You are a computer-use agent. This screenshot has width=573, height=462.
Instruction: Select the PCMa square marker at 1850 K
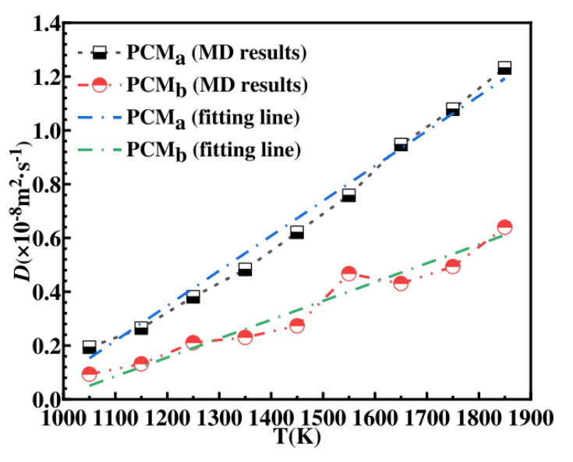click(504, 68)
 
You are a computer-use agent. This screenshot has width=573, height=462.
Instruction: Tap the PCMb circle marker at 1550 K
click(348, 273)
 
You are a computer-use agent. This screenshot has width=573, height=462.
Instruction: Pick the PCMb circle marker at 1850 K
click(504, 227)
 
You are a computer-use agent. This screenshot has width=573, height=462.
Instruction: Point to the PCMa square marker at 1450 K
click(296, 232)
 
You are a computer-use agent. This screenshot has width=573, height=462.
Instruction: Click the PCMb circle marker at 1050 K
click(89, 374)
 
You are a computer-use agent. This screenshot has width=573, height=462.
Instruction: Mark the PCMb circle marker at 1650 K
click(401, 283)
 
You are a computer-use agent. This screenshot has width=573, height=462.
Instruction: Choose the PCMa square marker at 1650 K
click(401, 145)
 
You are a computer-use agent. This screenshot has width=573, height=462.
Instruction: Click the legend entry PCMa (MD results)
click(210, 53)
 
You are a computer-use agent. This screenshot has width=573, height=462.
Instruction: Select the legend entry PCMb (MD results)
click(210, 84)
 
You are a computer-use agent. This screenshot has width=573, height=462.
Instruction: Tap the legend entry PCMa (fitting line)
click(210, 117)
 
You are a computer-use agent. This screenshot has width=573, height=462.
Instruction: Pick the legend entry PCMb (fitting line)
click(210, 148)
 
